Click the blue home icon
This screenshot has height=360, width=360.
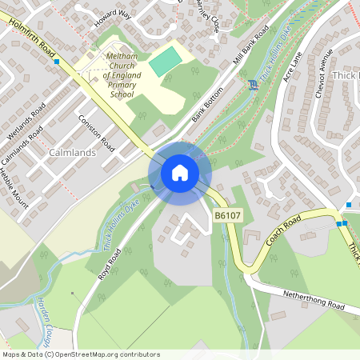[x=180, y=173]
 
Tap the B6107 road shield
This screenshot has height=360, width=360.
[x=226, y=216]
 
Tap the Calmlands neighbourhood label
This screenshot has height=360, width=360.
[x=72, y=152]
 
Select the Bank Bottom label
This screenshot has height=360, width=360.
[x=206, y=107]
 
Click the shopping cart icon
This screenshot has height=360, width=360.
[x=254, y=85]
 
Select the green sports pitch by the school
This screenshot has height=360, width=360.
[x=166, y=61]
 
